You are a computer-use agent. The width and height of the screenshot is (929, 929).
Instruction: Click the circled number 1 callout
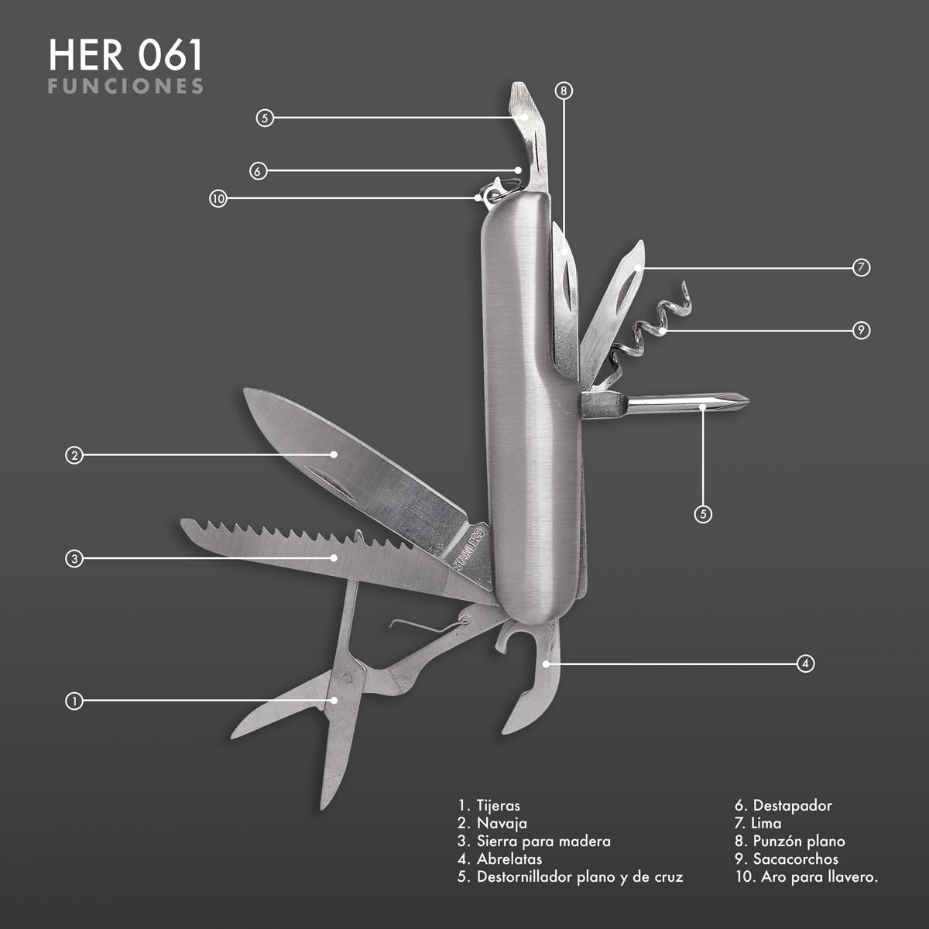74,701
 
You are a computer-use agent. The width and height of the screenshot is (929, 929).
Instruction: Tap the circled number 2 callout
74,455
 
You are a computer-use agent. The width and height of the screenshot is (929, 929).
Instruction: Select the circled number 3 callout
74,559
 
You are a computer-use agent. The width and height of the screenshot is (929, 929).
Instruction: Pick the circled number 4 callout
806,663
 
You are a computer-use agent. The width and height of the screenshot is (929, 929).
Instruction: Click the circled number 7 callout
861,267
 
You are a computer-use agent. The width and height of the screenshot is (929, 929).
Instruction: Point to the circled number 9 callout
861,331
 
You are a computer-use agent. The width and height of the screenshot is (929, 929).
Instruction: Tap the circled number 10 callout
218,199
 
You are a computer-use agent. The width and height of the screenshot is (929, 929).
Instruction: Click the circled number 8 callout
564,91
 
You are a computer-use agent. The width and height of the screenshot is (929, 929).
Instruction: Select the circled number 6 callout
259,171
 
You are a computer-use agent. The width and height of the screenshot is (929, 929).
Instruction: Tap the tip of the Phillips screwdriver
748,400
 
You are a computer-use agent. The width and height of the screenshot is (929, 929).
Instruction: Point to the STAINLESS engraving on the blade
468,550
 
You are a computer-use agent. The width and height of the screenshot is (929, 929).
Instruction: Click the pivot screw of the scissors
348,678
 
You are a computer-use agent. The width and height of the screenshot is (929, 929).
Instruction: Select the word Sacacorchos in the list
796,859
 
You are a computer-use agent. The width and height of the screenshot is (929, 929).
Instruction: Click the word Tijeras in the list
499,806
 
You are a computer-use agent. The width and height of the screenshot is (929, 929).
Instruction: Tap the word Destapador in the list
793,805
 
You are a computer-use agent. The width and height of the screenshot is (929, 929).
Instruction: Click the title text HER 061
125,56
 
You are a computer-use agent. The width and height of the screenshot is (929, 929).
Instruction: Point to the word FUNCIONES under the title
125,86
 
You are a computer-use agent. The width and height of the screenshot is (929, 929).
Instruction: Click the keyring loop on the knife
502,188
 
